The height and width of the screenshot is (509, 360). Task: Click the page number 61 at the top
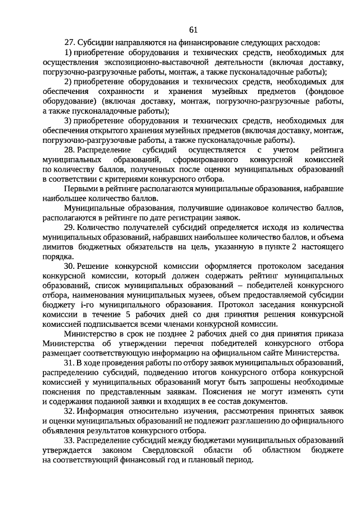(193, 29)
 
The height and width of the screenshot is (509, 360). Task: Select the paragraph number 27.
(70, 42)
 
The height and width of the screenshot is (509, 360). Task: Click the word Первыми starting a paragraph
(79, 188)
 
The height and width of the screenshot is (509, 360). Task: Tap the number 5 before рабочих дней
(128, 314)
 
